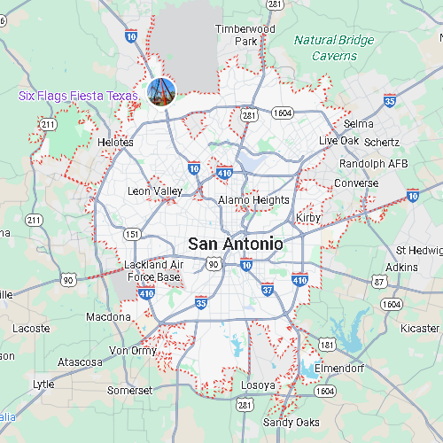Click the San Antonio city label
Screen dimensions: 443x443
(x=235, y=244)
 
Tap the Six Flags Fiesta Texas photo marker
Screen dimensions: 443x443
(x=160, y=89)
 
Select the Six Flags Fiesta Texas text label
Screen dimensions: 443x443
(x=80, y=96)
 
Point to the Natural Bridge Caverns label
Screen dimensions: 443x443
(x=334, y=48)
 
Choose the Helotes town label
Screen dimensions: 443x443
(x=115, y=142)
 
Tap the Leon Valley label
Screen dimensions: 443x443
(x=155, y=190)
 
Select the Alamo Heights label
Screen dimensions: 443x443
(x=253, y=200)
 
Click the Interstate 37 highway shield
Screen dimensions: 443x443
(x=268, y=289)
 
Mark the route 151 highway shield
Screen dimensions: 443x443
(x=132, y=234)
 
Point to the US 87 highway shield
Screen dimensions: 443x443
(x=379, y=281)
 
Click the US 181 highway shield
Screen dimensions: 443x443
(x=327, y=344)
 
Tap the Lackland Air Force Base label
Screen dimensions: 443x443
(x=154, y=271)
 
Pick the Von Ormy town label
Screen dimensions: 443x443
(x=133, y=350)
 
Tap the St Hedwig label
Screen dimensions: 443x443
(x=420, y=250)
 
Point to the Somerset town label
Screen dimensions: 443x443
(x=129, y=390)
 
